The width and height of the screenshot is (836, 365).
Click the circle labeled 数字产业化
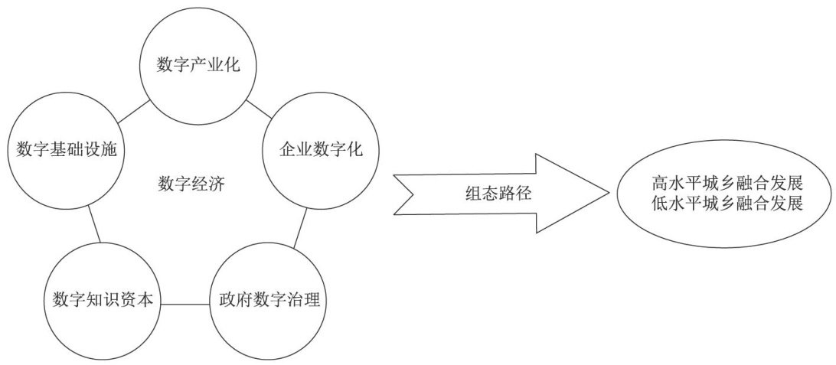198,65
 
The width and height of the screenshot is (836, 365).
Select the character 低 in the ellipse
660,204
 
